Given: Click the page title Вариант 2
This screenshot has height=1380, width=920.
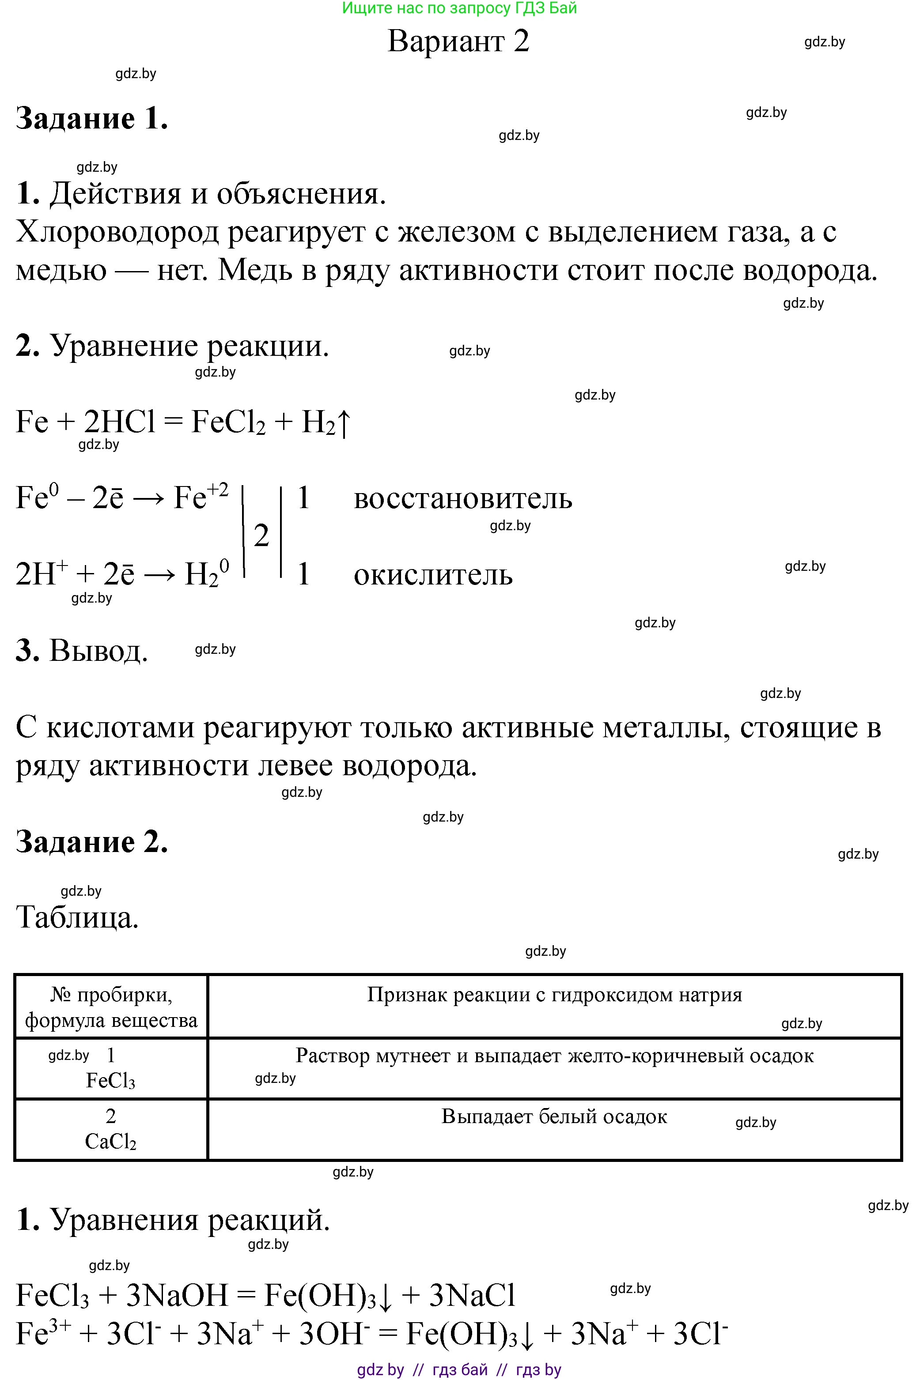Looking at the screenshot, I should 458,41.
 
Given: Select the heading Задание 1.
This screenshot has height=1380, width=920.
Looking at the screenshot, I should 92,118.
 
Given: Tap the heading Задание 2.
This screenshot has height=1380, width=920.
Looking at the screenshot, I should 92,841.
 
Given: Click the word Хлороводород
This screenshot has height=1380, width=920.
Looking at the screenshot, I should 116,232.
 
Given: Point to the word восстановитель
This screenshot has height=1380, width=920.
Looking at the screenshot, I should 462,499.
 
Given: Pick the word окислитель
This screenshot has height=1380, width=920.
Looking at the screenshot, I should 433,575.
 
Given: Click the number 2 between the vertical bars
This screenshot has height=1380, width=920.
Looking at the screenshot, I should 261,535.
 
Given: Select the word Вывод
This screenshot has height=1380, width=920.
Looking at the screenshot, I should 98,650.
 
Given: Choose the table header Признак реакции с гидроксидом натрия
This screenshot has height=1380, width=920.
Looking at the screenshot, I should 554,995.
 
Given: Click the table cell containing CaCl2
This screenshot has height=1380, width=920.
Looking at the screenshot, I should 111,1129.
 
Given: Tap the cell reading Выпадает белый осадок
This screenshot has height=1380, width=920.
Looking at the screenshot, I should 554,1116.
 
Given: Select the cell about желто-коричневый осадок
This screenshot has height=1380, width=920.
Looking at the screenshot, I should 554,1056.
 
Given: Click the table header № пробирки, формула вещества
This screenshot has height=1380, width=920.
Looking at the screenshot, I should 111,1007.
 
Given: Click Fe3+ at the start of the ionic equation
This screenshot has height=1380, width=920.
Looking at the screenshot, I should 43,1333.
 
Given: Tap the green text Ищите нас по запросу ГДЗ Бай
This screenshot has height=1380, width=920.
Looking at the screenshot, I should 459,8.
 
